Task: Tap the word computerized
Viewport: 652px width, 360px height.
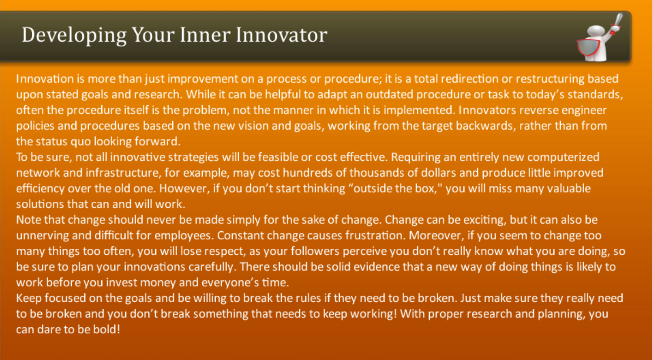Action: pos(563,157)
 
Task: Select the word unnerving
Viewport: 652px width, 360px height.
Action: pos(43,236)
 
